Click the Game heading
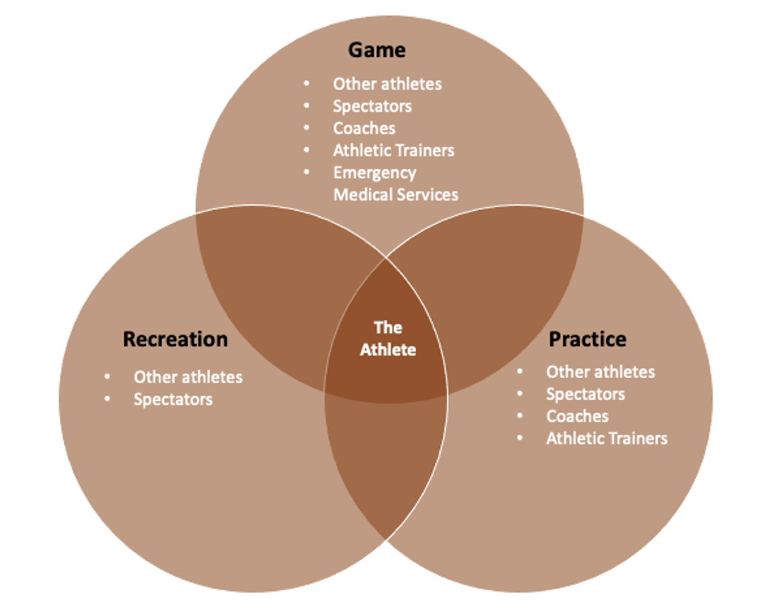[377, 50]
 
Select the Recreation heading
[175, 340]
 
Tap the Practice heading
[587, 340]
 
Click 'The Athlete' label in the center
[387, 338]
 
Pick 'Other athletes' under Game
[387, 84]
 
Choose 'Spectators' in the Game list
[372, 106]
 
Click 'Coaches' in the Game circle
[364, 128]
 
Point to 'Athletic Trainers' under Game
[393, 150]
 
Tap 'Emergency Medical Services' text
[395, 183]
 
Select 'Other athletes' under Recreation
[188, 376]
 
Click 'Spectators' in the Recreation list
[173, 399]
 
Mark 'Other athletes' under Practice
[600, 371]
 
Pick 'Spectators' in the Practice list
[586, 394]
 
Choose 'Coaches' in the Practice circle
[578, 416]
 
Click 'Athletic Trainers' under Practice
[606, 439]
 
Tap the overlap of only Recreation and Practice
[386, 466]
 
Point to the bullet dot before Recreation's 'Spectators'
[109, 399]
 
